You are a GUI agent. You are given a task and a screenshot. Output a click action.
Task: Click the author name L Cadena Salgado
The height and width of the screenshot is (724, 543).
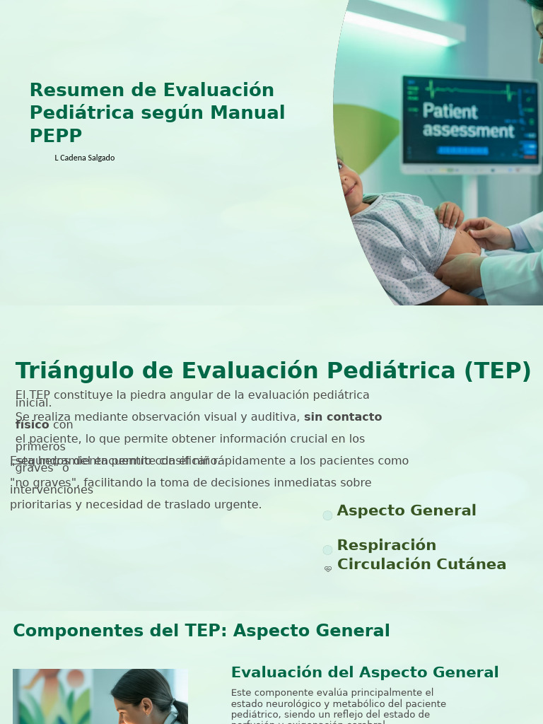tap(84, 158)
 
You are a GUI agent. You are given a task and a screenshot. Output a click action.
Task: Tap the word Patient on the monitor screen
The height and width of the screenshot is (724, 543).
tap(450, 111)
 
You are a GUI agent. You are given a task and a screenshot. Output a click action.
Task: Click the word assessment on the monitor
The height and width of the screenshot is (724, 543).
tap(468, 130)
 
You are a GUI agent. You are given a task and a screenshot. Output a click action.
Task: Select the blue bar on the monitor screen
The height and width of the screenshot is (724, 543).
tap(462, 151)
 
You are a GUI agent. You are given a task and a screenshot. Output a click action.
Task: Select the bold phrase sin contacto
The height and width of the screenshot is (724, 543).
tap(343, 417)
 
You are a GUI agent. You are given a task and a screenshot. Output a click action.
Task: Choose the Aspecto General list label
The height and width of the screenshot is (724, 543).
tap(407, 510)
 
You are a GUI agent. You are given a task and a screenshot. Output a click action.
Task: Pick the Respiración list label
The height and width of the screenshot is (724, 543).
tap(386, 545)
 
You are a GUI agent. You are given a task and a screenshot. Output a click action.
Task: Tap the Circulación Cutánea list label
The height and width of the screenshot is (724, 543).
tap(421, 564)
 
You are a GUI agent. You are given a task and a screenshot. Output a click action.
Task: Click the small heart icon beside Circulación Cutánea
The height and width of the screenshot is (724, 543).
tap(328, 568)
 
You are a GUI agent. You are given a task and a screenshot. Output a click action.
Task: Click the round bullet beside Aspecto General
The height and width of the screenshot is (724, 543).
tap(327, 515)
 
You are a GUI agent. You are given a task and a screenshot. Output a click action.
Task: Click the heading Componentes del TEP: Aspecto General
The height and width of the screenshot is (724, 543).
tap(201, 631)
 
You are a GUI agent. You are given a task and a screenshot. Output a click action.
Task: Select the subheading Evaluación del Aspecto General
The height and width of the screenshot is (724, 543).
tap(365, 672)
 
